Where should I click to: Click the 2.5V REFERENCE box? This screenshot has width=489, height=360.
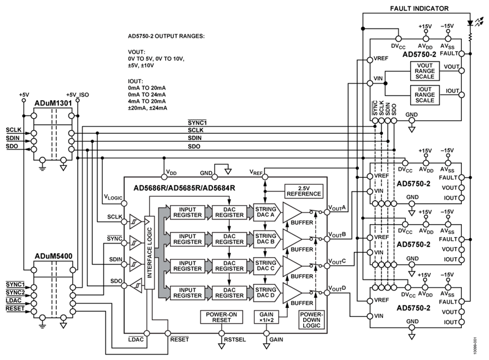pyautogui.click(x=303, y=191)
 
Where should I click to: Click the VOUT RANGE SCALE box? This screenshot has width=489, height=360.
pyautogui.click(x=424, y=70)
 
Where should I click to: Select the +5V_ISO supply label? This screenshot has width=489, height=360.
pyautogui.click(x=77, y=95)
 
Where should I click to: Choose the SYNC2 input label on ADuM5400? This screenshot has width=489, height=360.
pyautogui.click(x=15, y=293)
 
